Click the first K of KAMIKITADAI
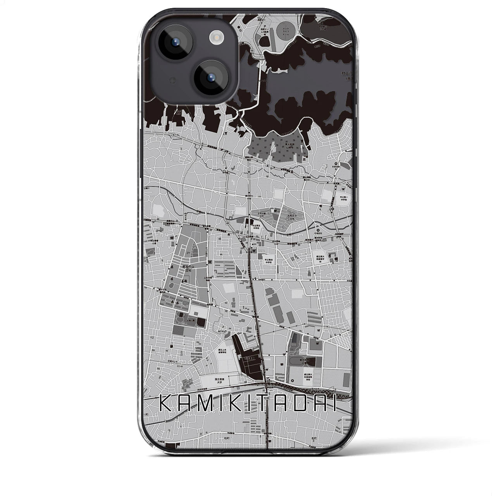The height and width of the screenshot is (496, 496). [x=167, y=405]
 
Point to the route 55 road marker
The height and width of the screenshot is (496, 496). [x=252, y=50]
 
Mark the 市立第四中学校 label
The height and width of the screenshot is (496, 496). [x=266, y=261]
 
